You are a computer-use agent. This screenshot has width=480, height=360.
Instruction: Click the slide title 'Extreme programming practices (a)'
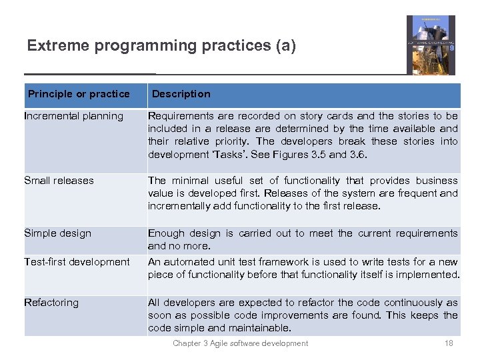point(161,46)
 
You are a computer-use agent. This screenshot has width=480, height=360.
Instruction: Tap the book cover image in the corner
point(431,45)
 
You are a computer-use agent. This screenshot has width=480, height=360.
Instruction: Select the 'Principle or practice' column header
point(79,94)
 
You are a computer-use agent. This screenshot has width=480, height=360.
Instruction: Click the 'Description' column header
point(181,94)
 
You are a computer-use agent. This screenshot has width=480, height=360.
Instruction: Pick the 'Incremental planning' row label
point(73,116)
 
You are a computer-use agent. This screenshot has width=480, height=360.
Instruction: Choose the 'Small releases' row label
point(59,181)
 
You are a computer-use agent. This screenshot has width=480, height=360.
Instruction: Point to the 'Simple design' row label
point(57,233)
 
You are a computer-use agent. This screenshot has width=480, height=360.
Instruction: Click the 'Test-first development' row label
point(77,262)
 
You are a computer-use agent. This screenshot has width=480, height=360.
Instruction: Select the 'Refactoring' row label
point(51,303)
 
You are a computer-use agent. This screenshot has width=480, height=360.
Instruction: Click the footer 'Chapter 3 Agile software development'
point(240,343)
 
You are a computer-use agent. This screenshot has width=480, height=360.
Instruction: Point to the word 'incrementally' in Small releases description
point(178,206)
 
